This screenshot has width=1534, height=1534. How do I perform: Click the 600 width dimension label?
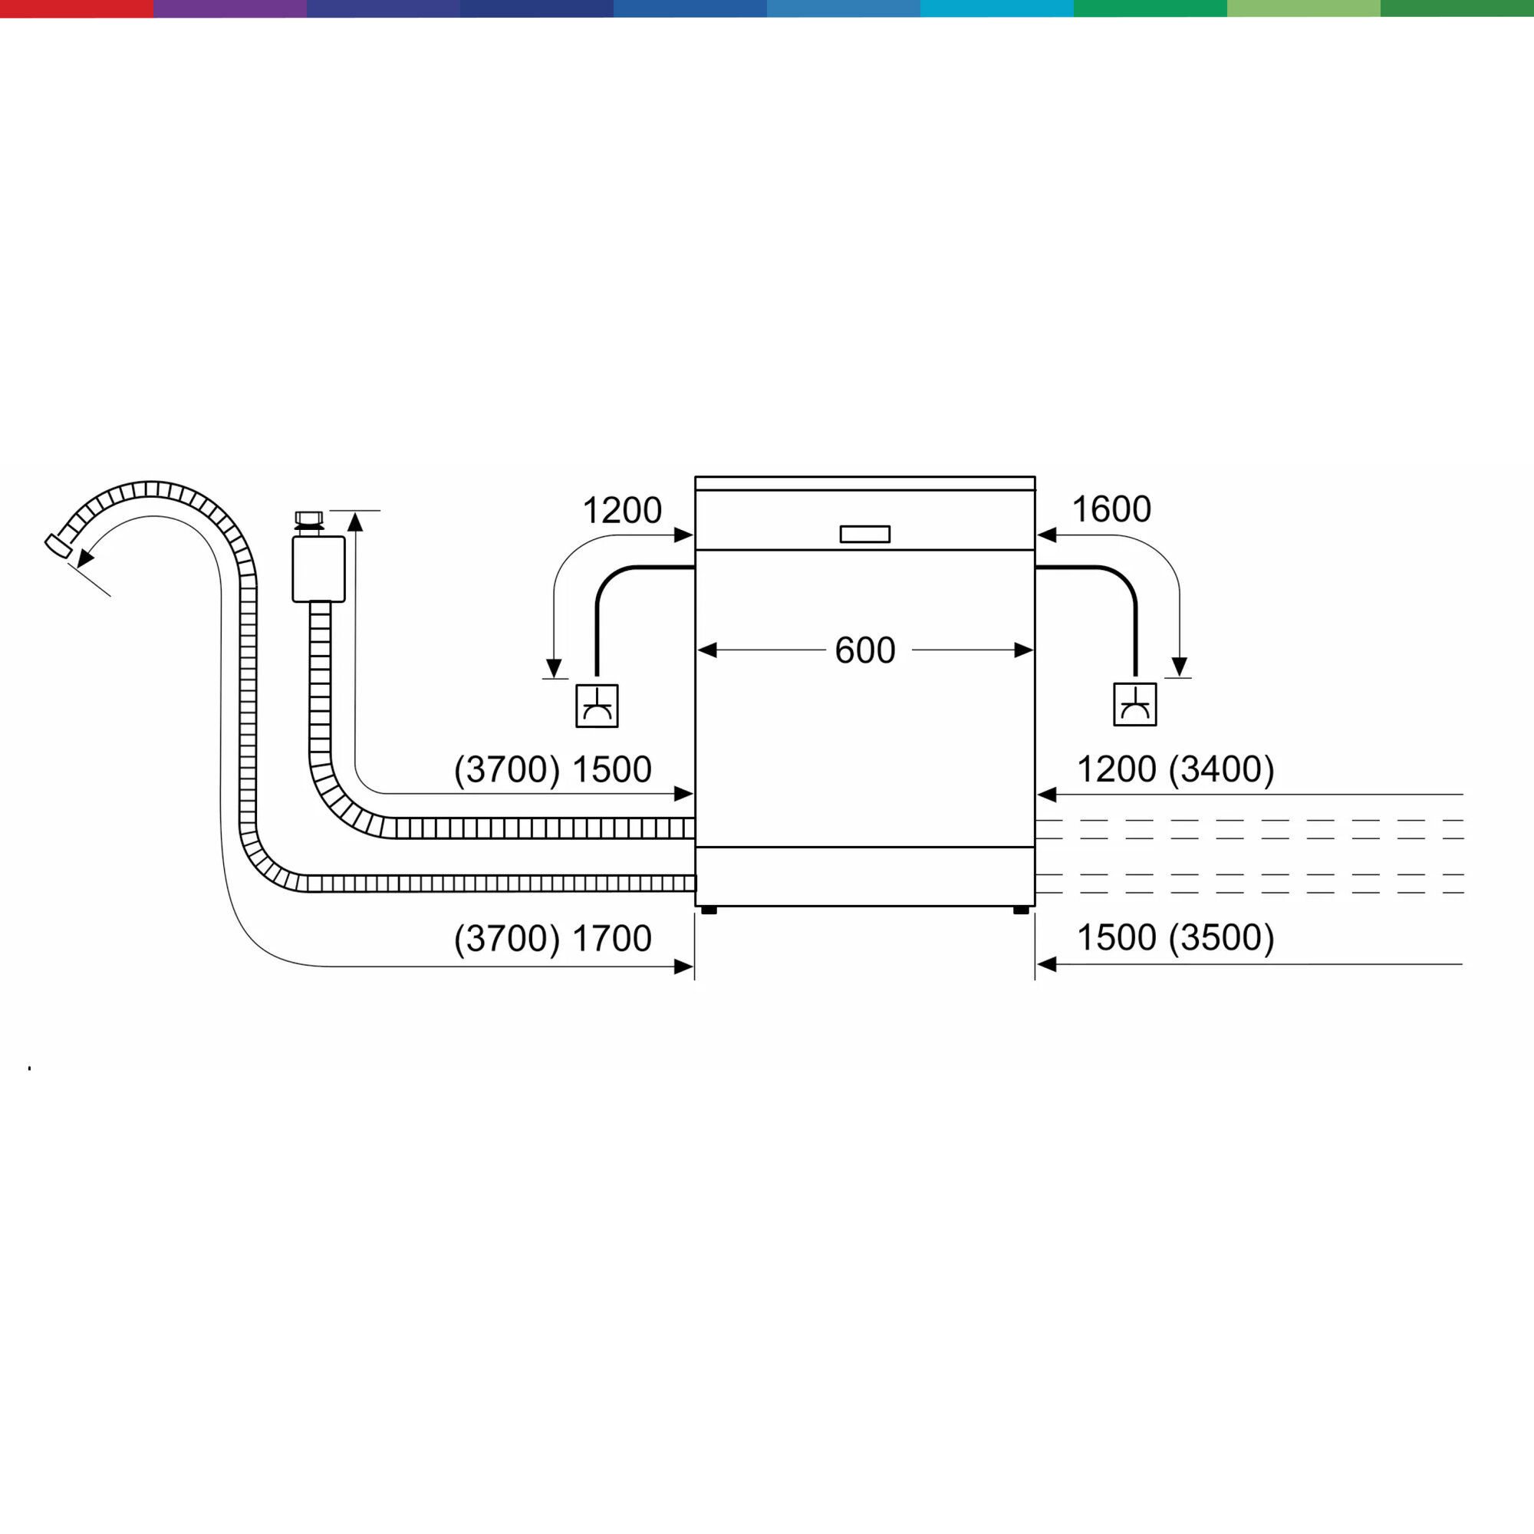[864, 650]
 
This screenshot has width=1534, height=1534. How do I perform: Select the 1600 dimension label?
[1111, 509]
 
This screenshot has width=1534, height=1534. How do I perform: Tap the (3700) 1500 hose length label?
[552, 769]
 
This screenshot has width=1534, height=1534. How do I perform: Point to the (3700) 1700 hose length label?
[552, 939]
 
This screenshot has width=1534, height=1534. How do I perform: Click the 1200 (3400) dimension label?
[1175, 769]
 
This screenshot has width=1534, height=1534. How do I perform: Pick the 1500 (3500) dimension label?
[1175, 938]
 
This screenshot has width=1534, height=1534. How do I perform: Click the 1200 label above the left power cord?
[622, 511]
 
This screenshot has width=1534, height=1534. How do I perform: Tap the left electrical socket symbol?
[597, 706]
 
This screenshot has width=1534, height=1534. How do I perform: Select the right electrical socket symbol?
[1134, 704]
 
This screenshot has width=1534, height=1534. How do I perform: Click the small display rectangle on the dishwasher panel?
[864, 535]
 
